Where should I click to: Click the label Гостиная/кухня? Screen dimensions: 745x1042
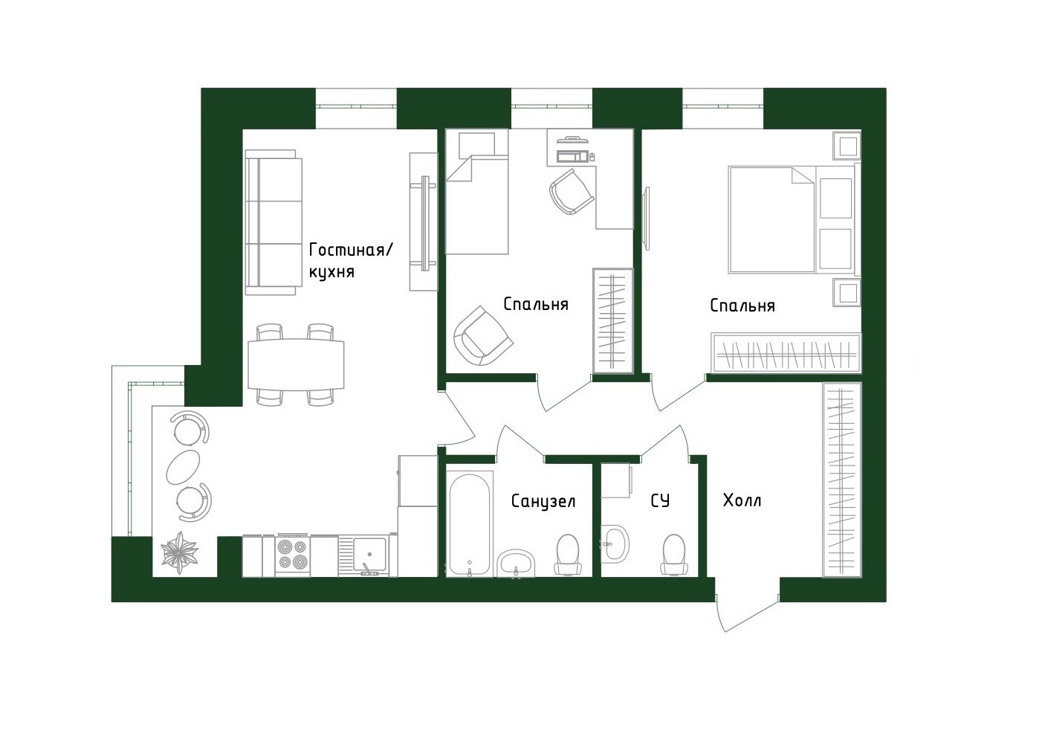coord(350,260)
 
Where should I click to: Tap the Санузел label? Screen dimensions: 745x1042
coord(543,501)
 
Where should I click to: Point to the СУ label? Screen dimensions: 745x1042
coord(659,501)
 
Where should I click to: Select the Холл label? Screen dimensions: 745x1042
coord(742,501)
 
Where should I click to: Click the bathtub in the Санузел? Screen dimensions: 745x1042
coord(469,523)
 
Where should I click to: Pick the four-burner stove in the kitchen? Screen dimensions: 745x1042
coord(293,555)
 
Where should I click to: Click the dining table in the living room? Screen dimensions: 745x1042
coord(296,364)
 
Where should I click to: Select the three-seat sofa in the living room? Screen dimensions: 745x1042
coord(274,222)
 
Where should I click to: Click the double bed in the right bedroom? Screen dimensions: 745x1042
coord(773,219)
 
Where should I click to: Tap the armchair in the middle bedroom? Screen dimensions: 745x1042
coord(483,337)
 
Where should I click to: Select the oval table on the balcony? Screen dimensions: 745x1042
coord(183,466)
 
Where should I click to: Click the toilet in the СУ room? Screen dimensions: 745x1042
coord(674,555)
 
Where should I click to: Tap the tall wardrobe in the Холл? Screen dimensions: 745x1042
coord(841,480)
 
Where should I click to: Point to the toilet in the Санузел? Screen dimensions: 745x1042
coord(569,555)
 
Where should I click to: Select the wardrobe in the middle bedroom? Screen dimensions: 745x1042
coord(612,320)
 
